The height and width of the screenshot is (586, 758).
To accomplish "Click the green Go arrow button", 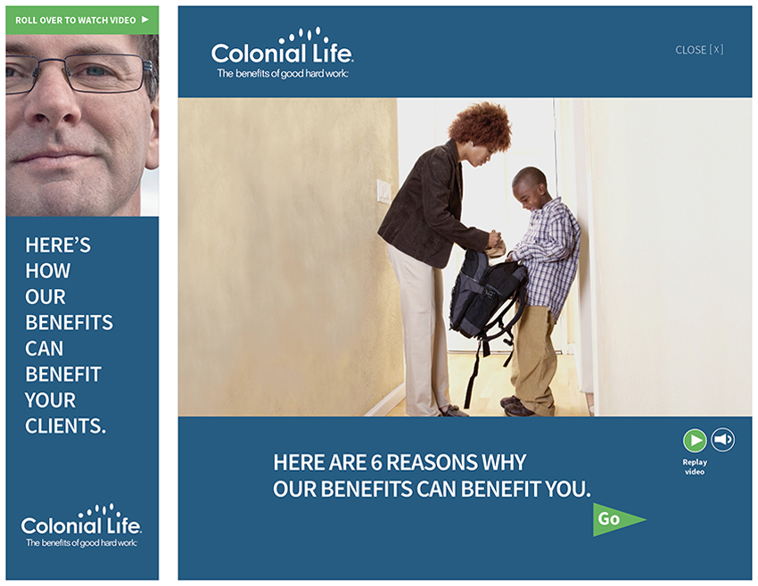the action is pos(615,519).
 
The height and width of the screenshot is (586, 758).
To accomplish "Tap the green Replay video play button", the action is pos(695,440).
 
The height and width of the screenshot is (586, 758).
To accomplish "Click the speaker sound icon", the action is pos(723,440).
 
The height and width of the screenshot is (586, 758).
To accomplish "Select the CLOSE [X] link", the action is pos(699,49).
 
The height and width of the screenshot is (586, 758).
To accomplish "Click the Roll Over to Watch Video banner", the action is pos(82,20).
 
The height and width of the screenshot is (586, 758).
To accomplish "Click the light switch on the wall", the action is pos(383,191).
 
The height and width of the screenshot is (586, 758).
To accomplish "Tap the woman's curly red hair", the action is pos(481,127).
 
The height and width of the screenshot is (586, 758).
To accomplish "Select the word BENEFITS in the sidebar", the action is pos(70,323).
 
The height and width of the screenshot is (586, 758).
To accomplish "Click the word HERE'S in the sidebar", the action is pos(58,244).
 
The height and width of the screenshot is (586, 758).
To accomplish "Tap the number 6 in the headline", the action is pos(376,462).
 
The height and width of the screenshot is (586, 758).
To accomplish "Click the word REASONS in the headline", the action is pos(424,462).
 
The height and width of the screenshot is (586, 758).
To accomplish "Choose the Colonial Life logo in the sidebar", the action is pos(81,525).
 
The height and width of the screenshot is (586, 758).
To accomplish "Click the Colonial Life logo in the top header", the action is pos(283,53).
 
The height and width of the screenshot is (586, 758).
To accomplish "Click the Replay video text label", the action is pos(695,466).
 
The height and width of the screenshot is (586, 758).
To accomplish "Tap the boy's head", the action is pos(530,187).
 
